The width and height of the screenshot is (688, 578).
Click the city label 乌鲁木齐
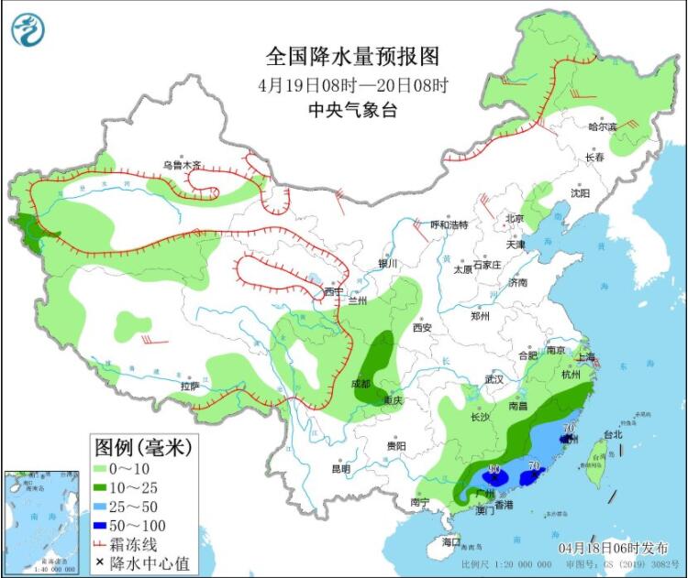(182, 166)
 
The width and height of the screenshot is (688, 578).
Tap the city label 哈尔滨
(602, 126)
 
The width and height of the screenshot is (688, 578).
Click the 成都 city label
(361, 385)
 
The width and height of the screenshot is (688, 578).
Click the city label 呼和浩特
(449, 225)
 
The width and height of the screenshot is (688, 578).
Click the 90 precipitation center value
(494, 470)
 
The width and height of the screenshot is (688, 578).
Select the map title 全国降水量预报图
(352, 57)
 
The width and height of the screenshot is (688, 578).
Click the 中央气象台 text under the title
(352, 110)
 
